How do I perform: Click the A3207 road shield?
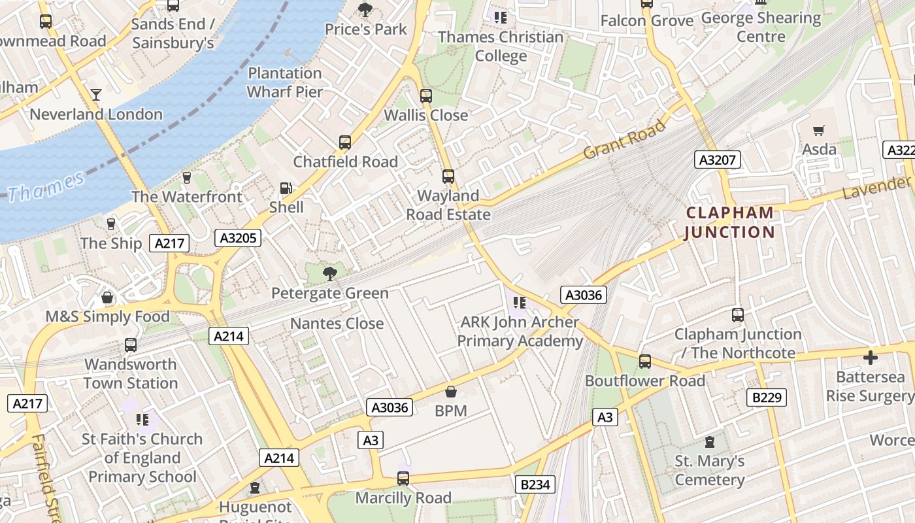coord(718,160)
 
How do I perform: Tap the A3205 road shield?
coord(238,238)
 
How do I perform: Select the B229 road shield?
coord(766,397)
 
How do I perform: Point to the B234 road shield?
coord(536,484)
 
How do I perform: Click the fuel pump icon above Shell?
coord(286,188)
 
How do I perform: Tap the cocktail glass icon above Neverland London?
coord(96,95)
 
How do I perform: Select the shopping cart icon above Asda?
coord(819,131)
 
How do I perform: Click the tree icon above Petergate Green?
coord(330,274)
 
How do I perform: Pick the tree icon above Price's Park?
coord(365,10)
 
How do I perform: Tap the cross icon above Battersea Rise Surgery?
coord(870,358)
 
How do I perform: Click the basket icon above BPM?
coord(451,392)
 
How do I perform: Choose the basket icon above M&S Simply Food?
coord(107,298)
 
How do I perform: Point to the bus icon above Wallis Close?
coord(426,96)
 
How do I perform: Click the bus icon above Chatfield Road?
coord(345,143)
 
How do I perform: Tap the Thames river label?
coord(46,187)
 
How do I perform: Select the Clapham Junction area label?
coord(729,222)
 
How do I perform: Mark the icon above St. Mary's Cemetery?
coord(710,442)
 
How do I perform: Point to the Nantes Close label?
coord(337,324)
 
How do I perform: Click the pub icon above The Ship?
coord(111,224)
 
